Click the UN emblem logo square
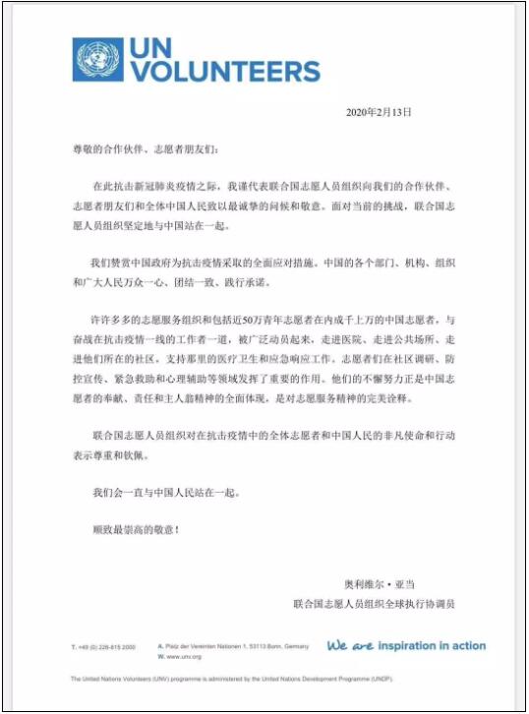point(97,59)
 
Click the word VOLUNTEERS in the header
point(226,72)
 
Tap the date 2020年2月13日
point(379,112)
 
